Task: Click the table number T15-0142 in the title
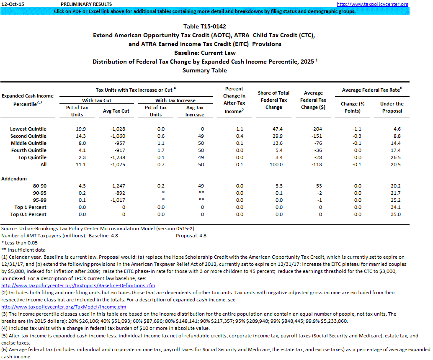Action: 205,27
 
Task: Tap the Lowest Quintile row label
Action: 28,129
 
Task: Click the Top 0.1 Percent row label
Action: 28,214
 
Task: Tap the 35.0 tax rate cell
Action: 395,214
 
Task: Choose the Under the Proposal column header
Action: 392,107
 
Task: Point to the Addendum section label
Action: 14,178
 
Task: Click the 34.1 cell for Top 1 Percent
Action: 395,207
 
